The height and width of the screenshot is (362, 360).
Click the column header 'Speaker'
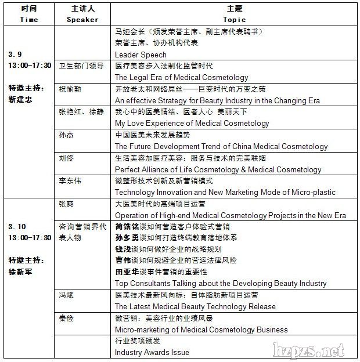pyautogui.click(x=82, y=19)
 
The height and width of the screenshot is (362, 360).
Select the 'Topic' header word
pyautogui.click(x=235, y=19)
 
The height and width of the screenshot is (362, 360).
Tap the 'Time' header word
pyautogui.click(x=28, y=19)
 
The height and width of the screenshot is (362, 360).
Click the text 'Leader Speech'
pyautogui.click(x=141, y=55)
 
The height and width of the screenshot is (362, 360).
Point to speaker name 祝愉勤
pyautogui.click(x=70, y=89)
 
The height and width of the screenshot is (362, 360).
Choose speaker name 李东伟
pyautogui.click(x=70, y=180)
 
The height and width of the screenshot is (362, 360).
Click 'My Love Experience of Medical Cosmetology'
pyautogui.click(x=192, y=123)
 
